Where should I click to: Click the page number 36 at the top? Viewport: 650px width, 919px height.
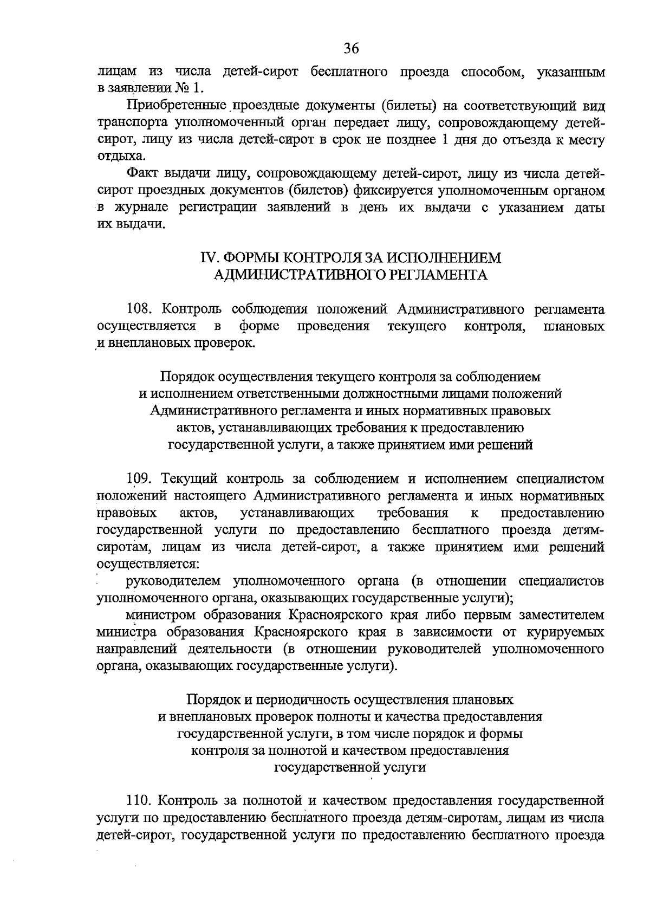tap(352, 48)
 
